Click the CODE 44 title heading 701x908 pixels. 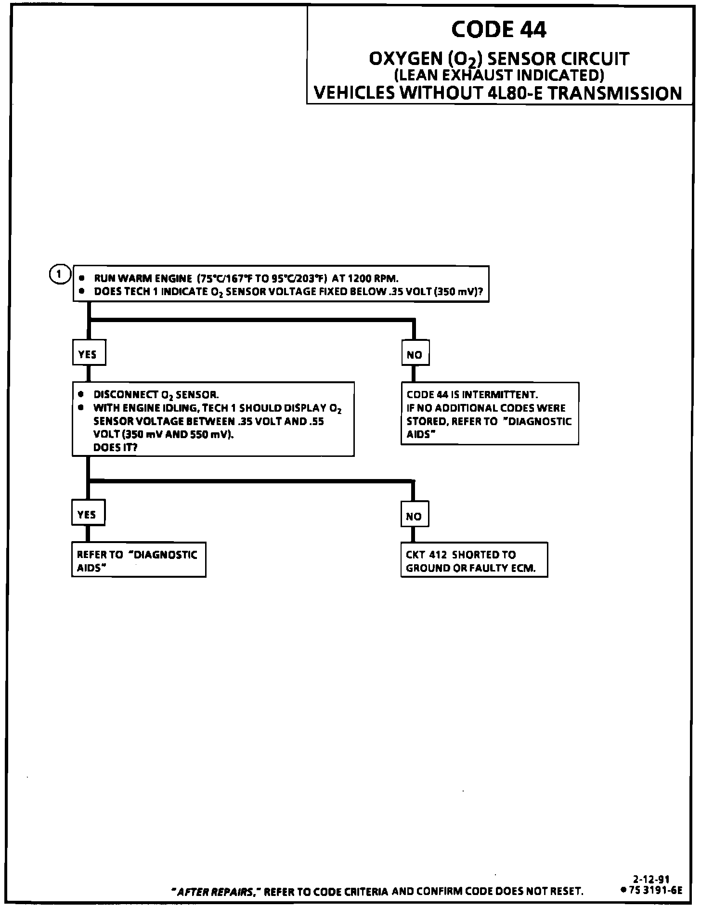pos(499,30)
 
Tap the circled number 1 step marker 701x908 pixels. pos(59,274)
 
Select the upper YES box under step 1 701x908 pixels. pos(88,354)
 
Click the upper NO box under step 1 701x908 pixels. pos(414,355)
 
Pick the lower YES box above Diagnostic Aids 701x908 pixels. pos(88,514)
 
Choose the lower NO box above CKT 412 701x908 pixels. pos(414,516)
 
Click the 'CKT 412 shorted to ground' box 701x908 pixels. pos(474,561)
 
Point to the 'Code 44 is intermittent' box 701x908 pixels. pos(489,414)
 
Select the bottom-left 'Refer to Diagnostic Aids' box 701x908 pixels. pos(138,561)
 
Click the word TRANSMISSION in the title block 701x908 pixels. pos(615,93)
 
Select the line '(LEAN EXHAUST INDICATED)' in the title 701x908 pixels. pos(499,75)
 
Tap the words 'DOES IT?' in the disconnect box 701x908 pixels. pos(116,447)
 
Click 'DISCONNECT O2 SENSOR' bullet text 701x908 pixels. pos(156,395)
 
